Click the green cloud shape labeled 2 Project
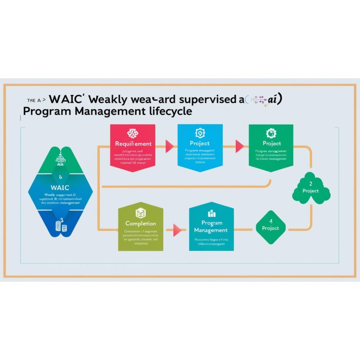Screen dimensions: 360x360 pos(311,188)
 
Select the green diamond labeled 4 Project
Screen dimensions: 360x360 pos(270,225)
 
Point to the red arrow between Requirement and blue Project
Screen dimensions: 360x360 pos(170,146)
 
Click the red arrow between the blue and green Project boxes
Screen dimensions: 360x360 pos(239,146)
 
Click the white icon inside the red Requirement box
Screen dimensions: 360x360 pos(133,133)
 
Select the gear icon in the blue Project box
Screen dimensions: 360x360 pos(200,133)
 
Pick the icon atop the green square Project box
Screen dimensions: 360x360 pos(271,133)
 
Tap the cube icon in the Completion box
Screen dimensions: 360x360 pos(141,212)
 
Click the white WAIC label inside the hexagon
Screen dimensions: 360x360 pos(60,187)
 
